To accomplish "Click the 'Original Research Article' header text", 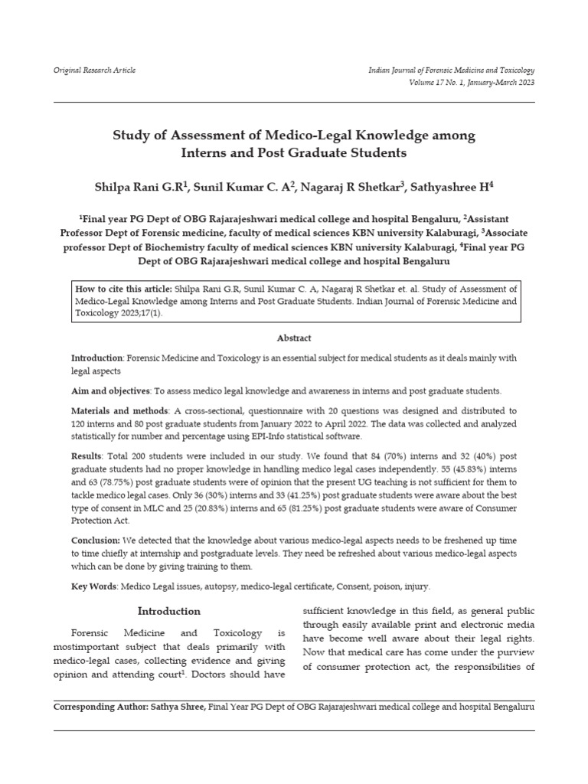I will [x=94, y=70].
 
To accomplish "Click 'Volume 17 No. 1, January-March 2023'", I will [x=472, y=82].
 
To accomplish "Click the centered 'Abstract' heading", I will [x=294, y=338].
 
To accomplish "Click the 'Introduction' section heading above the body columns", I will [x=168, y=611].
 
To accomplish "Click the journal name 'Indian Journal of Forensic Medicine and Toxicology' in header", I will [x=452, y=70].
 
